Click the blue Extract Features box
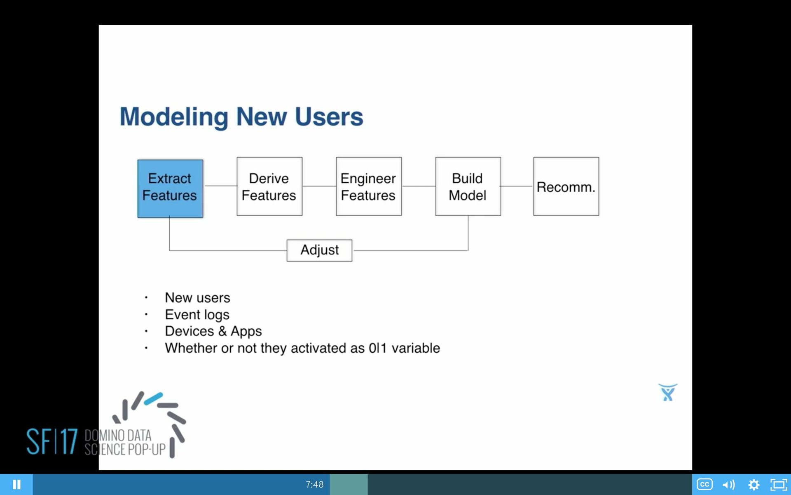click(x=170, y=188)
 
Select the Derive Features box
click(x=269, y=186)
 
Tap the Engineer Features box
click(x=368, y=186)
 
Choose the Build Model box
click(x=468, y=186)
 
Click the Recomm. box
click(x=566, y=186)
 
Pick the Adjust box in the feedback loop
click(x=319, y=250)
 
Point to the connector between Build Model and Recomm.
click(x=517, y=186)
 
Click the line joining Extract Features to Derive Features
click(x=220, y=186)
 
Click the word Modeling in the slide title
click(x=173, y=117)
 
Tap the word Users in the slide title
click(x=328, y=117)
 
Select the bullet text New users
click(x=197, y=297)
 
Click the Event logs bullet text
click(x=197, y=314)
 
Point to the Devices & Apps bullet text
click(x=213, y=331)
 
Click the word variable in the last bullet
click(x=415, y=348)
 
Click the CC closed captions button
click(x=704, y=484)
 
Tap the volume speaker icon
click(x=728, y=484)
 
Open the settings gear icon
click(x=754, y=484)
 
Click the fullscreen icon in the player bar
click(x=778, y=484)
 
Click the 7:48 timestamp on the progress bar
click(x=314, y=484)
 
